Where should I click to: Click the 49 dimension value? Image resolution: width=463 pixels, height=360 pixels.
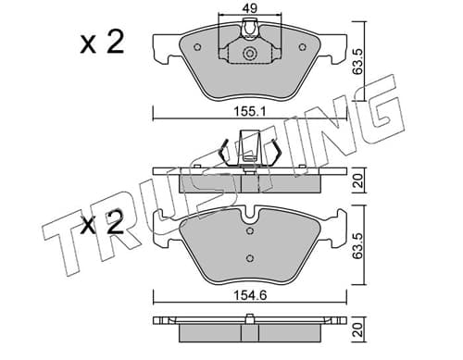coord(250,7)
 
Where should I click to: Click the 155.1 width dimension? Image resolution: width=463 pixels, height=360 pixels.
coord(249,112)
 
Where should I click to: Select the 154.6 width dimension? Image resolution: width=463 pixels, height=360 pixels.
coord(250,295)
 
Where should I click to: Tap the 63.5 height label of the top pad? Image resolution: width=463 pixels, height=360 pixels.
coord(357,61)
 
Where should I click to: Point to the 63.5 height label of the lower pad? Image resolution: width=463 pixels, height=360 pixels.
coord(357,245)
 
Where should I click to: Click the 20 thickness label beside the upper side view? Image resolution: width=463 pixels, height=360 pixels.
coord(357,180)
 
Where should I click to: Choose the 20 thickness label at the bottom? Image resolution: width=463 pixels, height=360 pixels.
coord(357,329)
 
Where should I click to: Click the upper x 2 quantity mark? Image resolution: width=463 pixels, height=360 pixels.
coord(102,43)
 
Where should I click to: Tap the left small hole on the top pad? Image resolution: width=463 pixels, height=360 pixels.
coord(197,47)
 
